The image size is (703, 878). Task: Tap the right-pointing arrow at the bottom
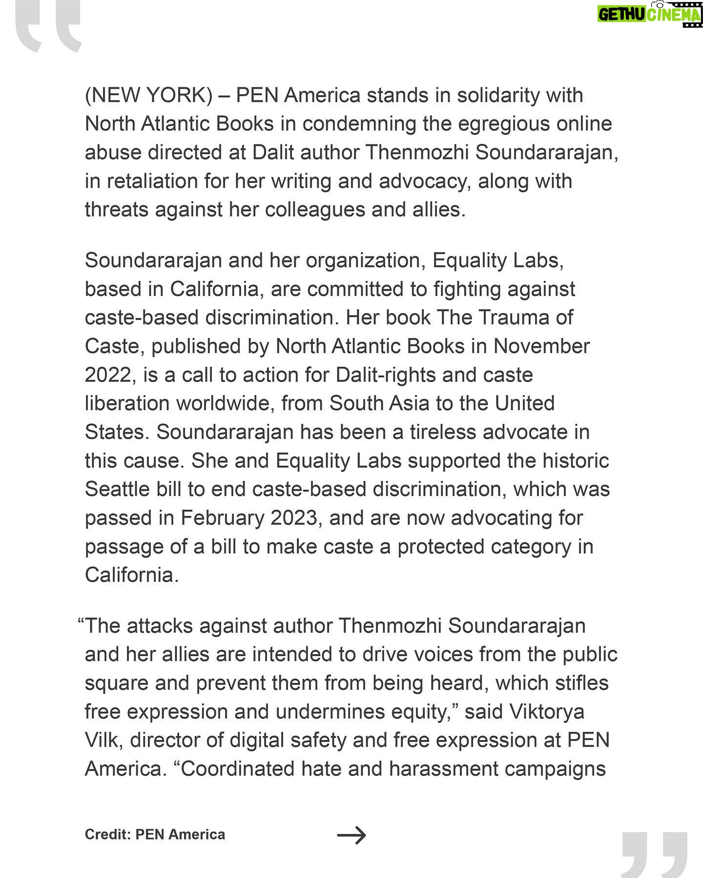351,835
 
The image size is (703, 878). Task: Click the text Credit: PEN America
155,834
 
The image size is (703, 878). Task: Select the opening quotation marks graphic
48,27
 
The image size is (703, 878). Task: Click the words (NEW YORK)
148,95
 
